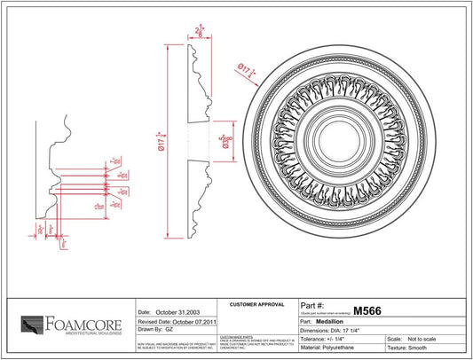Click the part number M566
pos(368,311)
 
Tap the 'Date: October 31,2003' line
pos(169,312)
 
